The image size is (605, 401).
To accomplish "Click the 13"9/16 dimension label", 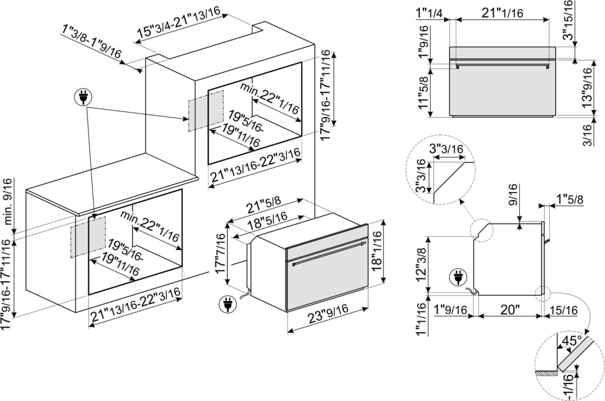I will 586,87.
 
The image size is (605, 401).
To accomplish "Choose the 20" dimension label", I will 510,310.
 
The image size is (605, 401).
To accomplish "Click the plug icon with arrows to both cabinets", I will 81,98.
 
